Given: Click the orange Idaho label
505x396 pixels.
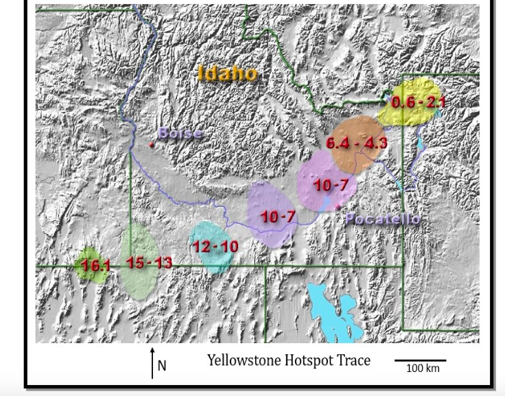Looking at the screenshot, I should (227, 73).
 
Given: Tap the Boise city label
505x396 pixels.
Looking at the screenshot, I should (180, 133).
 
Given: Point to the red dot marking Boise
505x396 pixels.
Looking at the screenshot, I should (151, 145).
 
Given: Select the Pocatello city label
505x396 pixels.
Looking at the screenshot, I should (383, 219).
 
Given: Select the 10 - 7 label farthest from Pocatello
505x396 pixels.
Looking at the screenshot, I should (277, 217).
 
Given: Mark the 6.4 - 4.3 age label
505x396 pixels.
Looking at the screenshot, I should (356, 143).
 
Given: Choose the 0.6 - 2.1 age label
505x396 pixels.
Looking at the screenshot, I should (418, 102).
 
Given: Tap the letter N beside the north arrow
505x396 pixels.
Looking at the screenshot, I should (162, 366).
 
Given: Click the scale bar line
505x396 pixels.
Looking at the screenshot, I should (419, 360).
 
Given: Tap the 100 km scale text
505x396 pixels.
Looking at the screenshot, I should (423, 369).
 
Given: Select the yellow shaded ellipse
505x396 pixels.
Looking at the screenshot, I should (410, 102).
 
